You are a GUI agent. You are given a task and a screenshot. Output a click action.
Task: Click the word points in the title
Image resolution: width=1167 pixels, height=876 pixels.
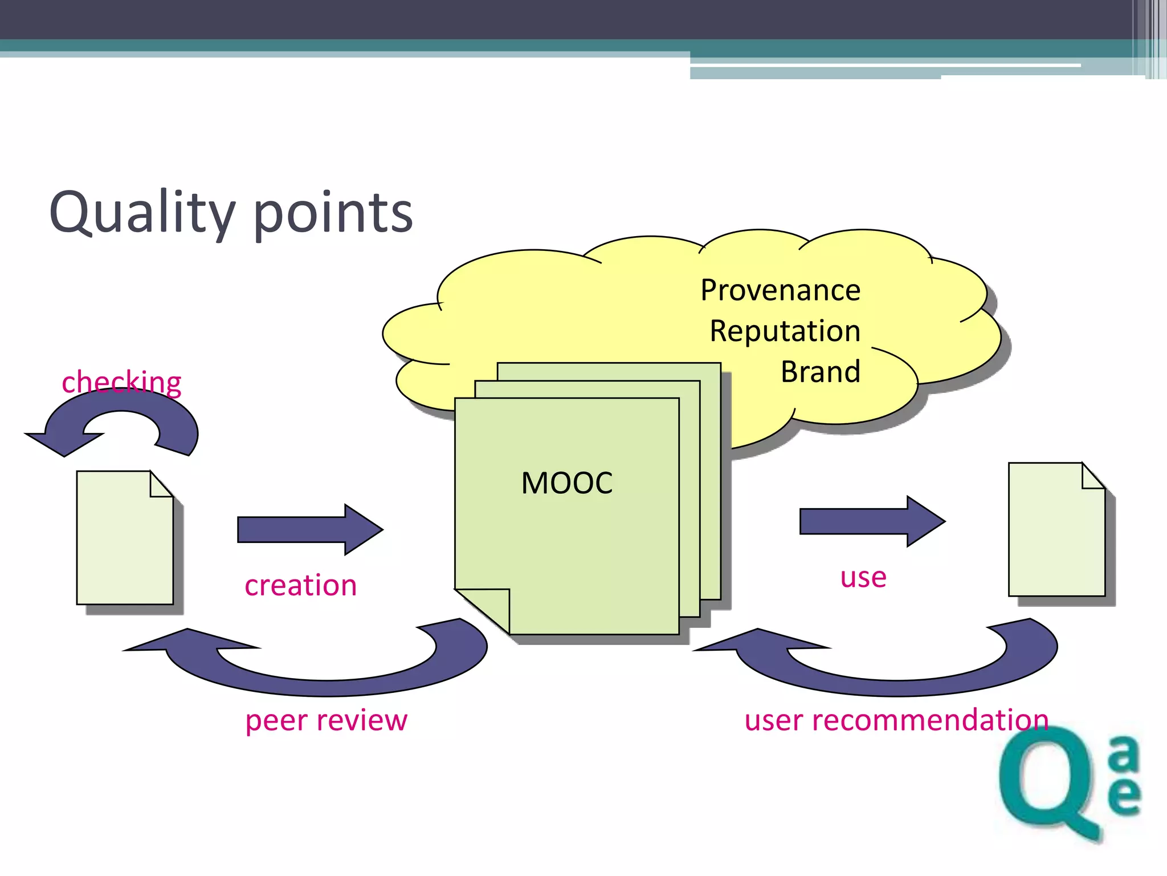[x=333, y=214]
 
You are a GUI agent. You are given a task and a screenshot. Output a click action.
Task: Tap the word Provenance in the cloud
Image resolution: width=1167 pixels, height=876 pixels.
[x=780, y=290]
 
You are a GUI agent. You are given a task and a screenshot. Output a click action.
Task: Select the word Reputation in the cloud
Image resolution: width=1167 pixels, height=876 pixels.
[x=785, y=331]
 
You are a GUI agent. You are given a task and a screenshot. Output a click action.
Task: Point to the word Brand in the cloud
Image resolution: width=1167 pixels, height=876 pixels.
[x=820, y=372]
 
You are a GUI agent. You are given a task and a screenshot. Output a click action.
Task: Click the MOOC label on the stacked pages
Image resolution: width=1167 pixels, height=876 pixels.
[x=566, y=483]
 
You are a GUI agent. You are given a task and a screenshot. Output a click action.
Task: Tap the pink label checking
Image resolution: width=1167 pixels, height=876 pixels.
[x=121, y=382]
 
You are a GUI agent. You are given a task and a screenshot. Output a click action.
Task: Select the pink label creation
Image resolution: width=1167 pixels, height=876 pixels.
[x=300, y=586]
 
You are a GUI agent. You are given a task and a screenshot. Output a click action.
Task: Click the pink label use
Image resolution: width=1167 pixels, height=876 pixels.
[x=863, y=577]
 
